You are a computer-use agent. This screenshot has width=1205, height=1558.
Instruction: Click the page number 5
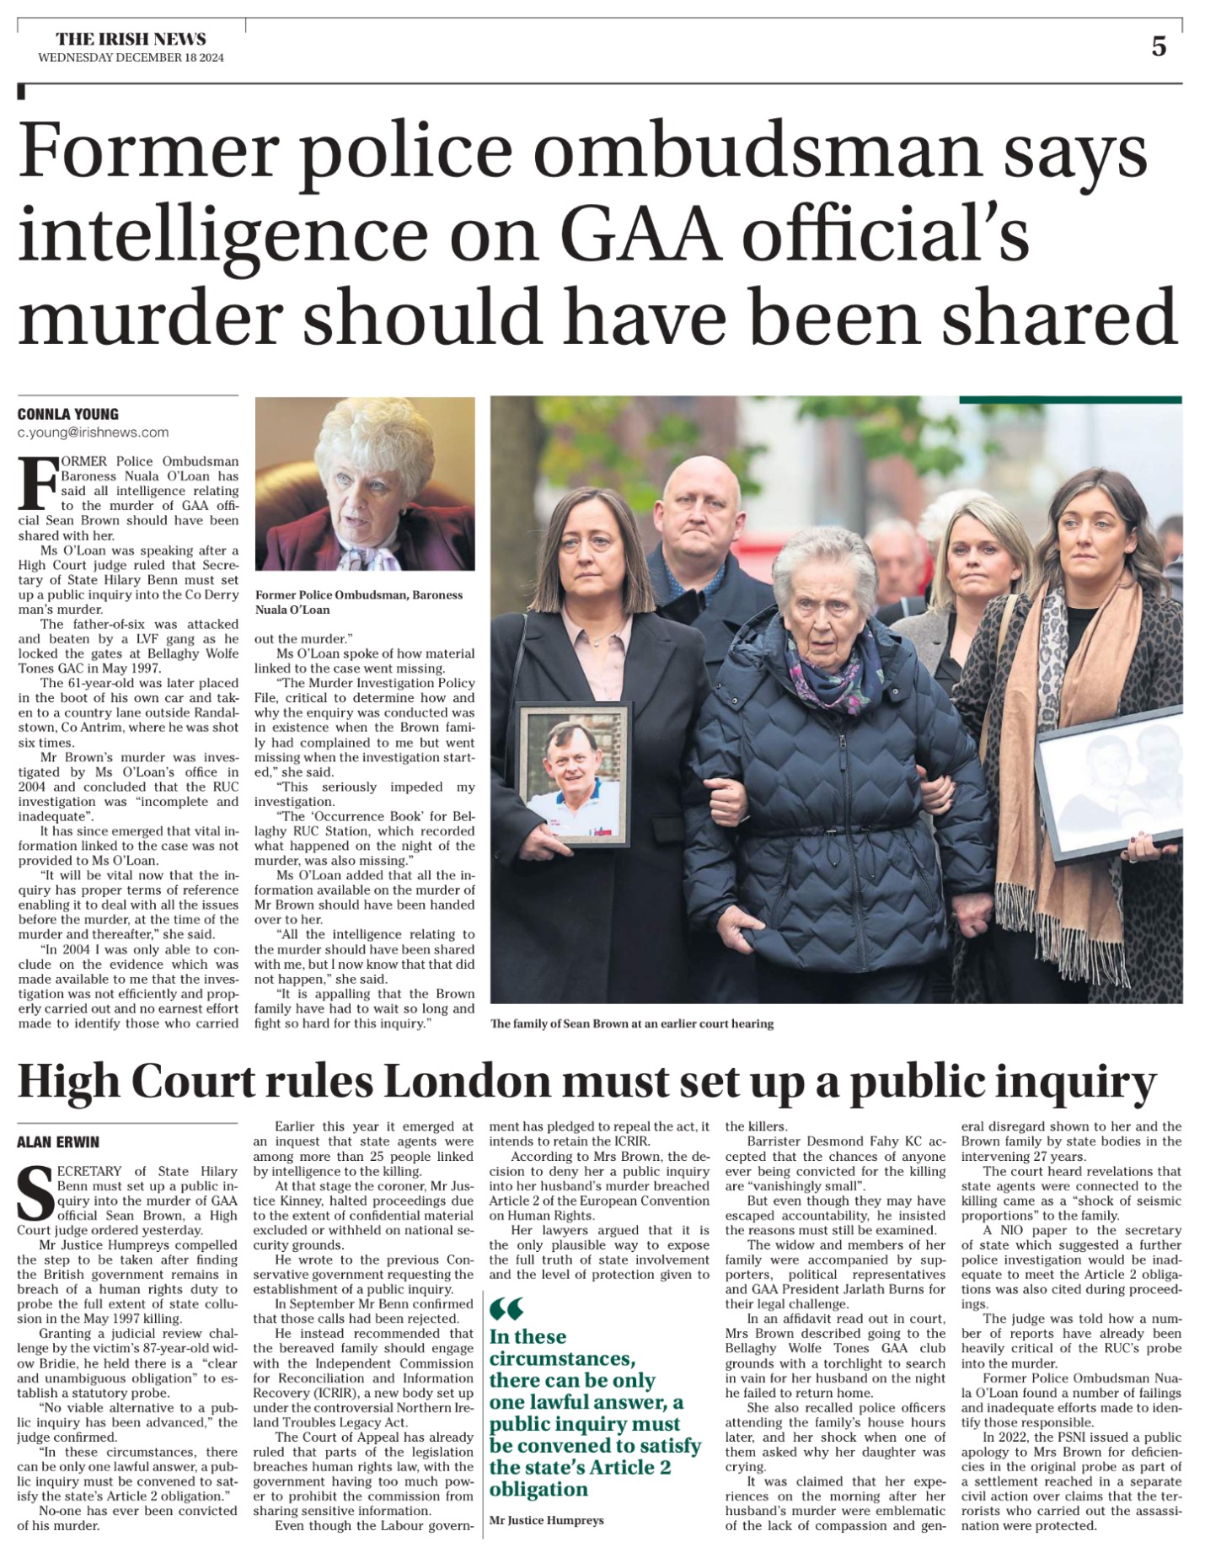1159,46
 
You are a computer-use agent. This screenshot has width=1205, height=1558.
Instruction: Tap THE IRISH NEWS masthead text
131,39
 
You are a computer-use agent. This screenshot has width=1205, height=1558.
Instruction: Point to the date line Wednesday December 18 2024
131,57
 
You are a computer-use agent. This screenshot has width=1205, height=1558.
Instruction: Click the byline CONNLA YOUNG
68,414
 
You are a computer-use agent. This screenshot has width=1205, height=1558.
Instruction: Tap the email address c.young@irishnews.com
93,432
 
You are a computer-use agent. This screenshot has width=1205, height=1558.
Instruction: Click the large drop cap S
35,1192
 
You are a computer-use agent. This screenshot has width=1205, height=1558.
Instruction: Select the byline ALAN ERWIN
58,1142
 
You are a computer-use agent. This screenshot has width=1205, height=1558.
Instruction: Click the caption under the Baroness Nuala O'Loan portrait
358,602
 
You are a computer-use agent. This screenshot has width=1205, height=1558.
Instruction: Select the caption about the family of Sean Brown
631,1023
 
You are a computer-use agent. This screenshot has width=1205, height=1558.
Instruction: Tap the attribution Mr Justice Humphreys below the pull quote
546,1521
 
